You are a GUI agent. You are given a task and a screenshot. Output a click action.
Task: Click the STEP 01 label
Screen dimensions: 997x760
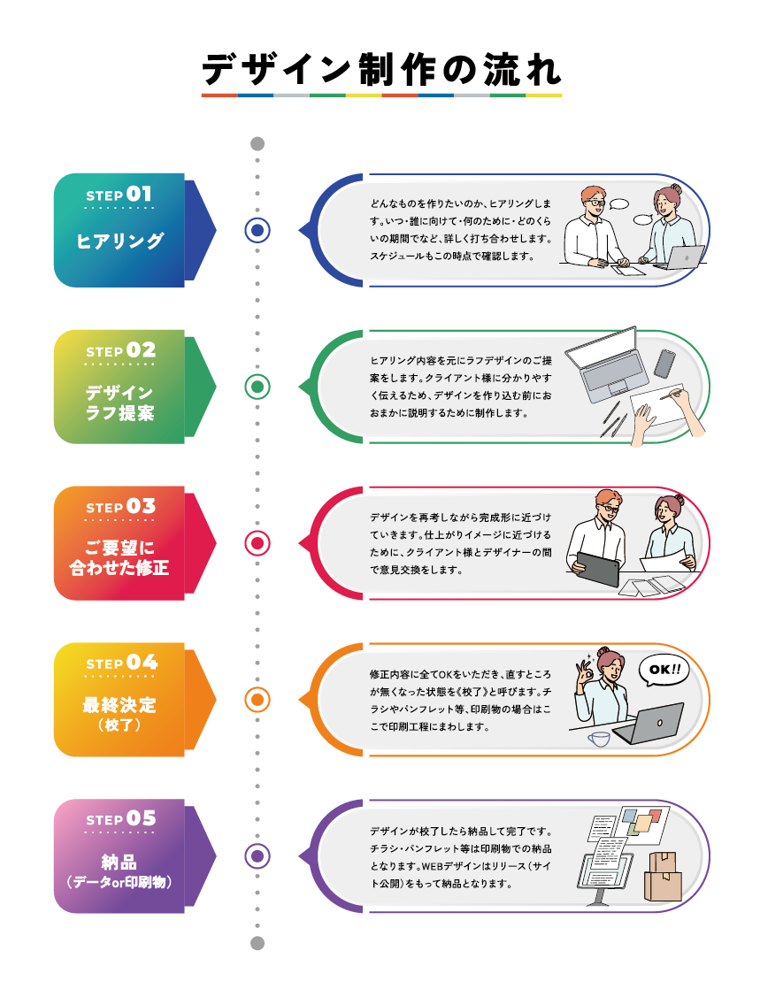point(119,195)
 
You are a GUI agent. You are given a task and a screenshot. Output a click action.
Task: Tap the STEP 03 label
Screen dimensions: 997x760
point(119,507)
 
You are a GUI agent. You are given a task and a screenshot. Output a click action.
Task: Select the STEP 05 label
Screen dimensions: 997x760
point(119,819)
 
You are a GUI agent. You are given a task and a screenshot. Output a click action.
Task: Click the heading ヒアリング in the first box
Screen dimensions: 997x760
point(119,241)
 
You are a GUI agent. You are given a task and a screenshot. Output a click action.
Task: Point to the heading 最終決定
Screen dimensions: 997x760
point(119,705)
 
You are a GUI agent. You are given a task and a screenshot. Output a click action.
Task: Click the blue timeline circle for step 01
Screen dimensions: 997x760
point(257,231)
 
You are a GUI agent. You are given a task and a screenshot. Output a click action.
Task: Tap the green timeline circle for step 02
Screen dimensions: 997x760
point(257,387)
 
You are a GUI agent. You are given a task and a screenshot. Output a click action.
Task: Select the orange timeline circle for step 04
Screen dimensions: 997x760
point(257,700)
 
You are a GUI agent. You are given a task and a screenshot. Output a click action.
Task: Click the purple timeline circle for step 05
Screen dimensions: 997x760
point(257,856)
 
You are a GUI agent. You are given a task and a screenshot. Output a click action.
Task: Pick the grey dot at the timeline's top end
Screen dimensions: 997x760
point(257,144)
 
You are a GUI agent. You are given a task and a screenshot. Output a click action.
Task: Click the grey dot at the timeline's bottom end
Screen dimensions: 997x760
point(257,943)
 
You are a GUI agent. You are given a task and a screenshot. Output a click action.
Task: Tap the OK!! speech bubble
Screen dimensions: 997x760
point(664,670)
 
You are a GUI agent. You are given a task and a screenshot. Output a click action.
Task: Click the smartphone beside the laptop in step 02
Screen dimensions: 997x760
point(664,363)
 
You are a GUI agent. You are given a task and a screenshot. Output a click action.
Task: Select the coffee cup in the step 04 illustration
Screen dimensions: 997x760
point(599,738)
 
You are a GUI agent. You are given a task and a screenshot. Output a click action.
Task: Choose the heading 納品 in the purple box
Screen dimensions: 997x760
point(119,863)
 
